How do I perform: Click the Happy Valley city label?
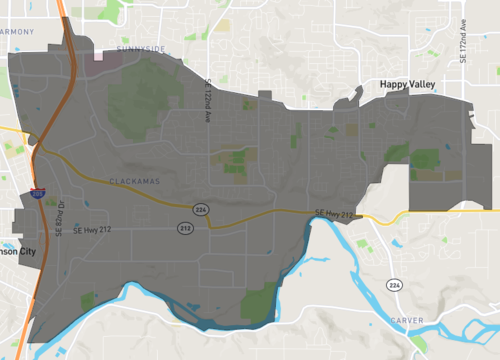click(416, 87)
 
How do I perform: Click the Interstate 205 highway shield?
click(36, 196)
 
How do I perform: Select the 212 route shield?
click(185, 228)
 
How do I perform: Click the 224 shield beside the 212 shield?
click(200, 208)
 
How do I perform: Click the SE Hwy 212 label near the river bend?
click(334, 212)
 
